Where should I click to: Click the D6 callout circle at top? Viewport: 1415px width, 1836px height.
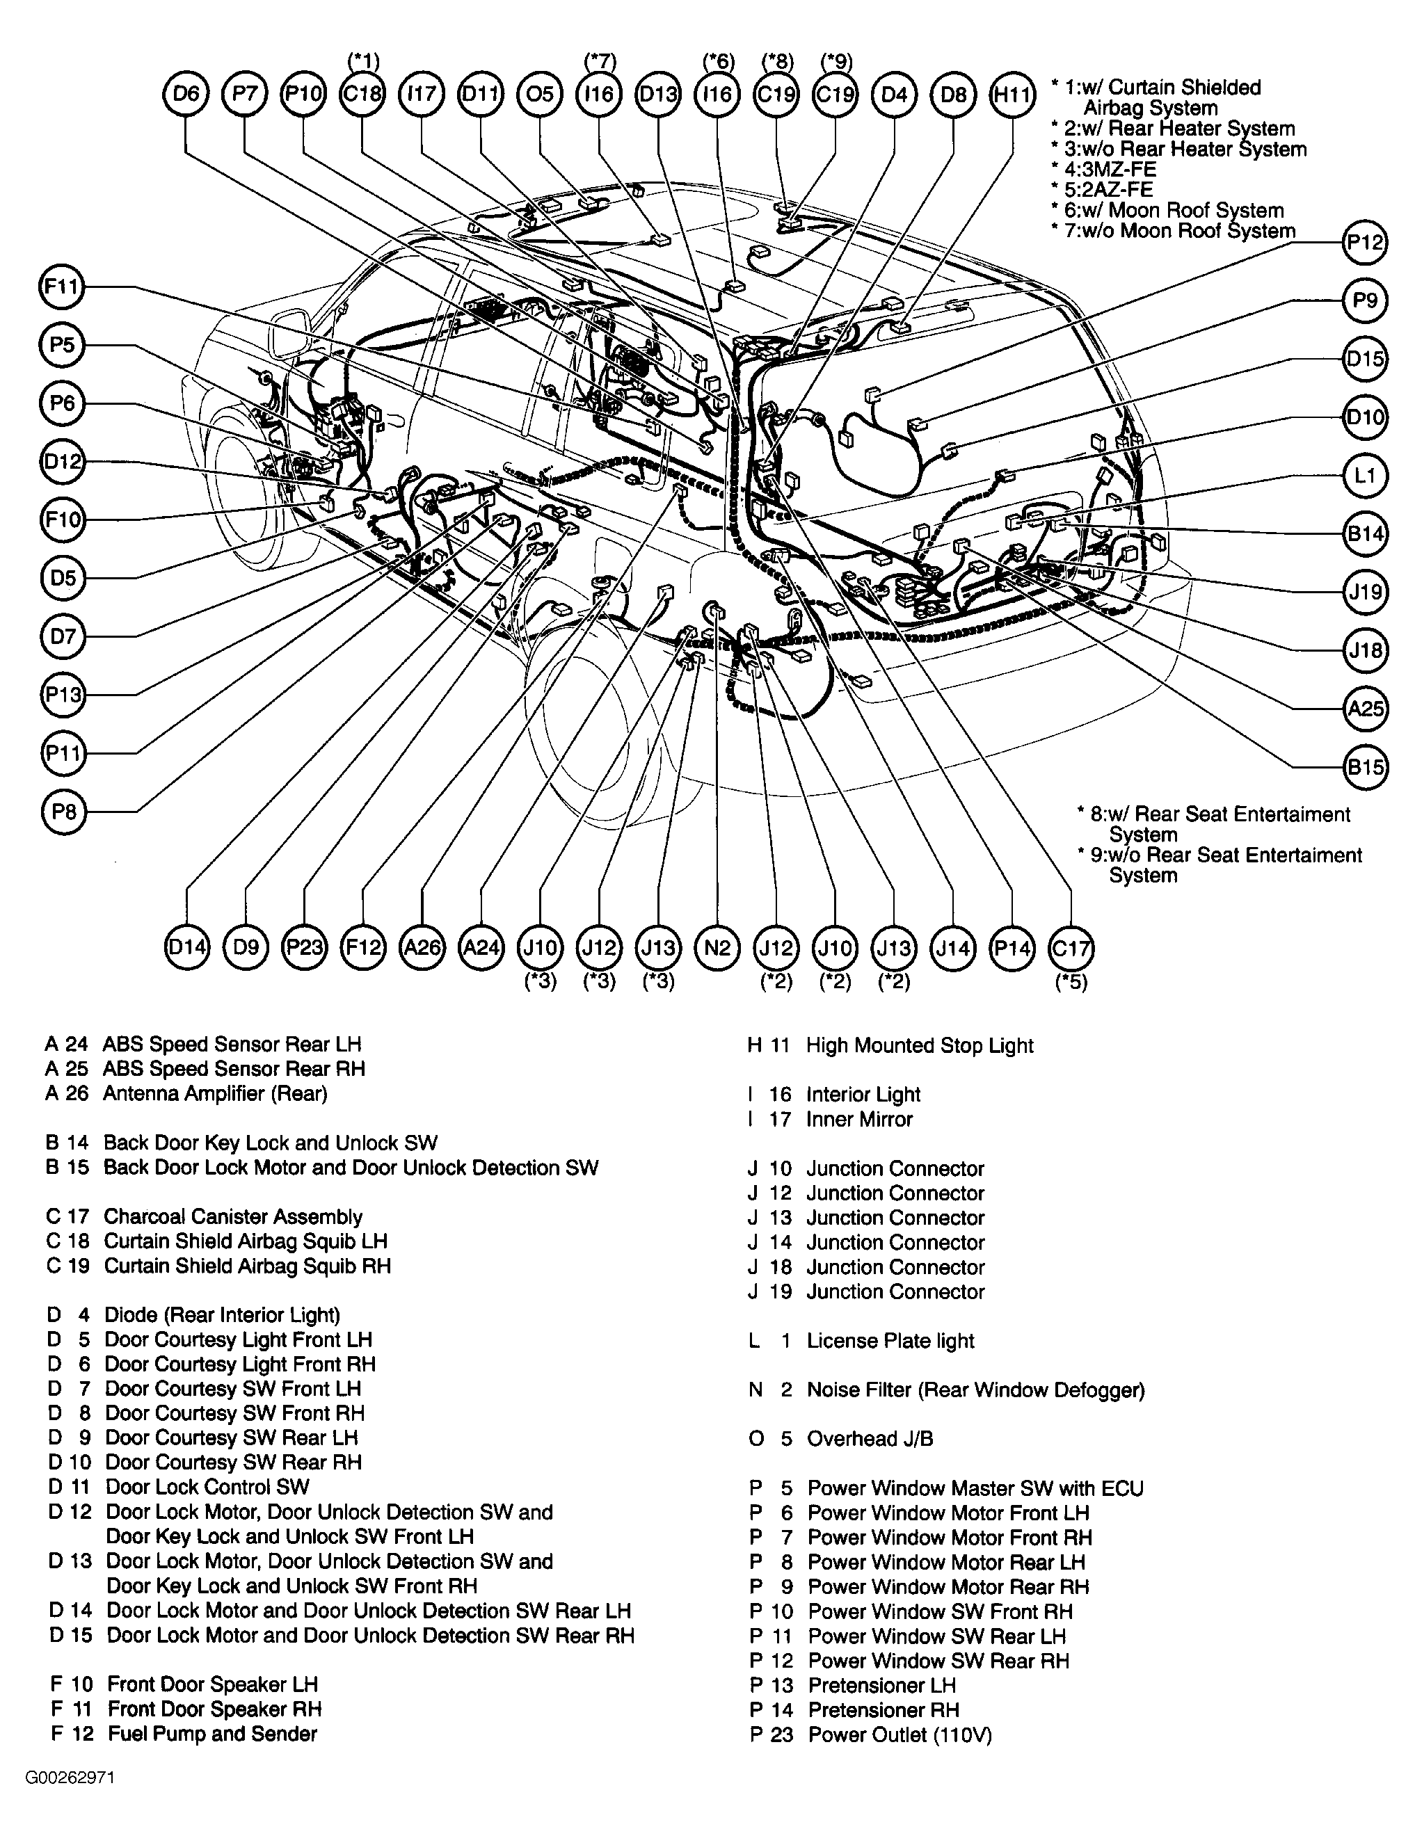pyautogui.click(x=185, y=94)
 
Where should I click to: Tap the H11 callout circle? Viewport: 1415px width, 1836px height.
pyautogui.click(x=1012, y=94)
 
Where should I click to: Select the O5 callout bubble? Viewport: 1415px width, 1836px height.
pyautogui.click(x=540, y=94)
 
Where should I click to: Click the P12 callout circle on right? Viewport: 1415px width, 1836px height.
pyautogui.click(x=1364, y=243)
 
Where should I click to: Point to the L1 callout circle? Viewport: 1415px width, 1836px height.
pyautogui.click(x=1364, y=476)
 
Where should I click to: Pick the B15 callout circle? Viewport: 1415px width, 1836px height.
pyautogui.click(x=1364, y=766)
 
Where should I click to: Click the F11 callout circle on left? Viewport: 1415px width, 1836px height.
pyautogui.click(x=62, y=287)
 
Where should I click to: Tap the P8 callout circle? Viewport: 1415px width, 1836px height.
pyautogui.click(x=64, y=811)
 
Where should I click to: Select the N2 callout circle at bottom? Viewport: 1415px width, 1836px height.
pyautogui.click(x=717, y=949)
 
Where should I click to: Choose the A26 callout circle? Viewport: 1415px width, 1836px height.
pyautogui.click(x=422, y=949)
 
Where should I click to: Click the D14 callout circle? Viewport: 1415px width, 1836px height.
pyautogui.click(x=186, y=949)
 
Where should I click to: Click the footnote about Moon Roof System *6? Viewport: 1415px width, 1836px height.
pyautogui.click(x=1169, y=210)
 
